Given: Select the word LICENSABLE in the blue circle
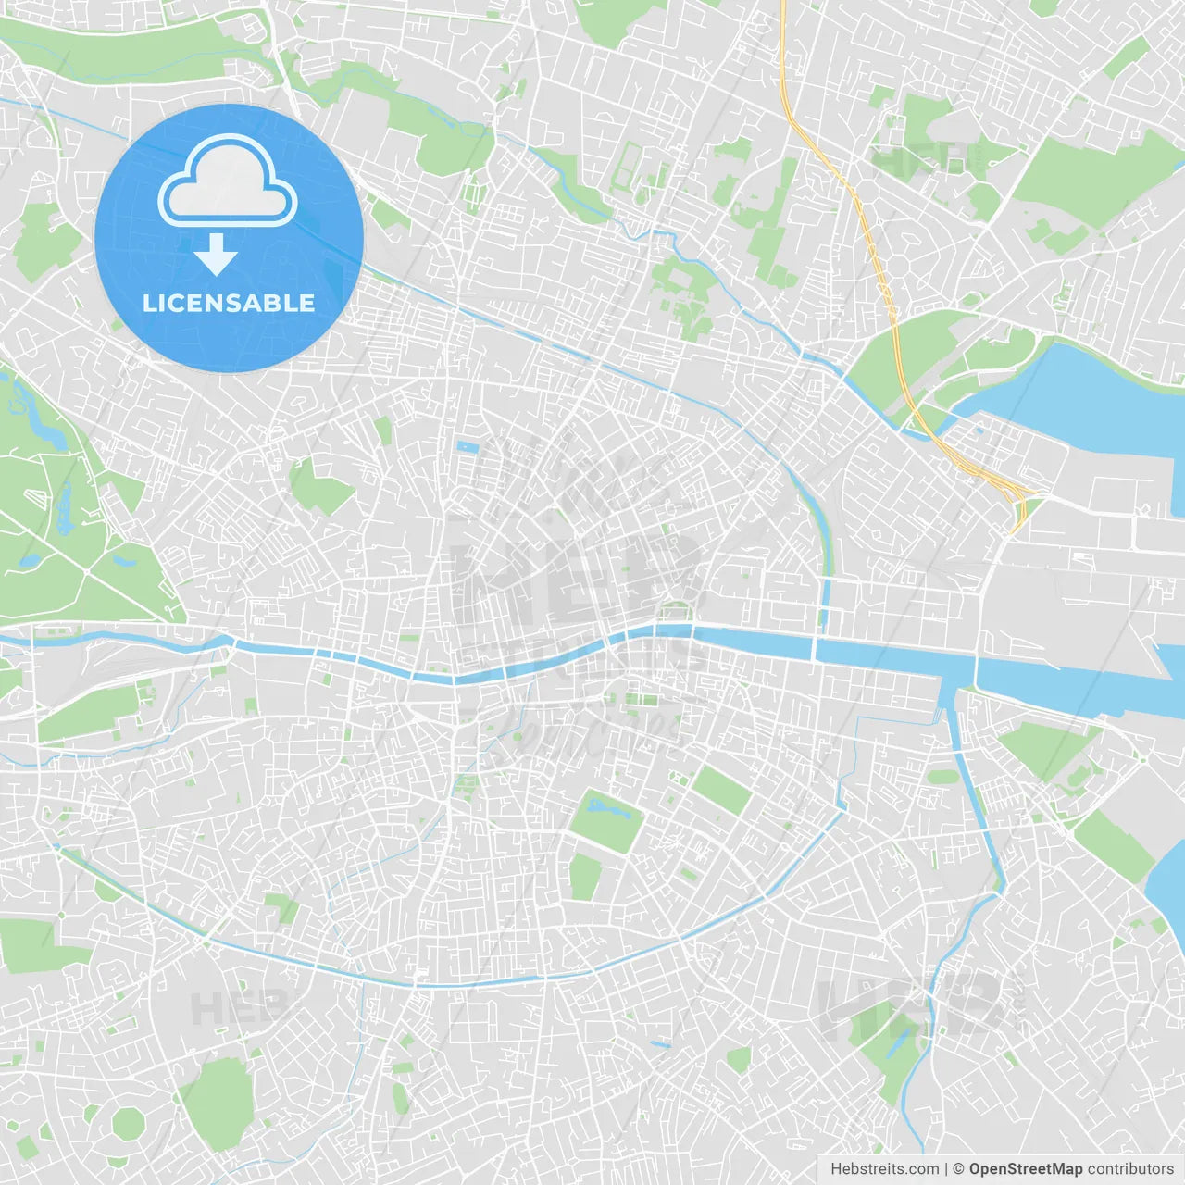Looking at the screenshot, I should [229, 303].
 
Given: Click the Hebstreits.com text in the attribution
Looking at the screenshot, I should [884, 1169].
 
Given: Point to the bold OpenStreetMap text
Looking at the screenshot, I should [1025, 1169].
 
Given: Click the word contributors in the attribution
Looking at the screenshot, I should [1130, 1169].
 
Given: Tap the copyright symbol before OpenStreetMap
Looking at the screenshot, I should [958, 1169].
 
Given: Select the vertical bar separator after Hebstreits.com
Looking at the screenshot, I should [946, 1169].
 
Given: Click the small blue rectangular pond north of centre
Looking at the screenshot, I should [468, 448].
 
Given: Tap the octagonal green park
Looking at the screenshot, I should [129, 1123].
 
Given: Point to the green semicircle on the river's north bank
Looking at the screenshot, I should [676, 612].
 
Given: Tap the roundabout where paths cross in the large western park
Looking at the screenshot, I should [85, 573].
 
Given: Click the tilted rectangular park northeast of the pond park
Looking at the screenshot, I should [721, 790].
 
